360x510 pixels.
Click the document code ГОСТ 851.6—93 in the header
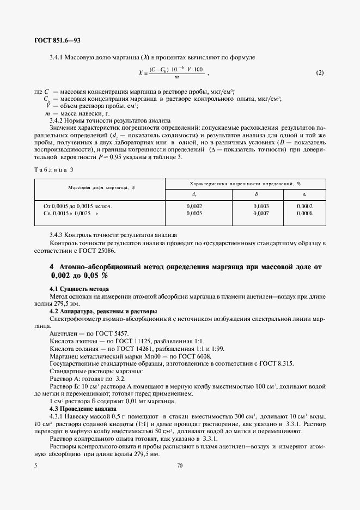tap(57, 41)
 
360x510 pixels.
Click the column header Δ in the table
tap(304, 195)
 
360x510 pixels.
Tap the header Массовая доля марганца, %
tap(101, 187)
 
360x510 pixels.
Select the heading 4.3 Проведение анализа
tap(83, 408)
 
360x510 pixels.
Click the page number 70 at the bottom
tap(180, 466)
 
